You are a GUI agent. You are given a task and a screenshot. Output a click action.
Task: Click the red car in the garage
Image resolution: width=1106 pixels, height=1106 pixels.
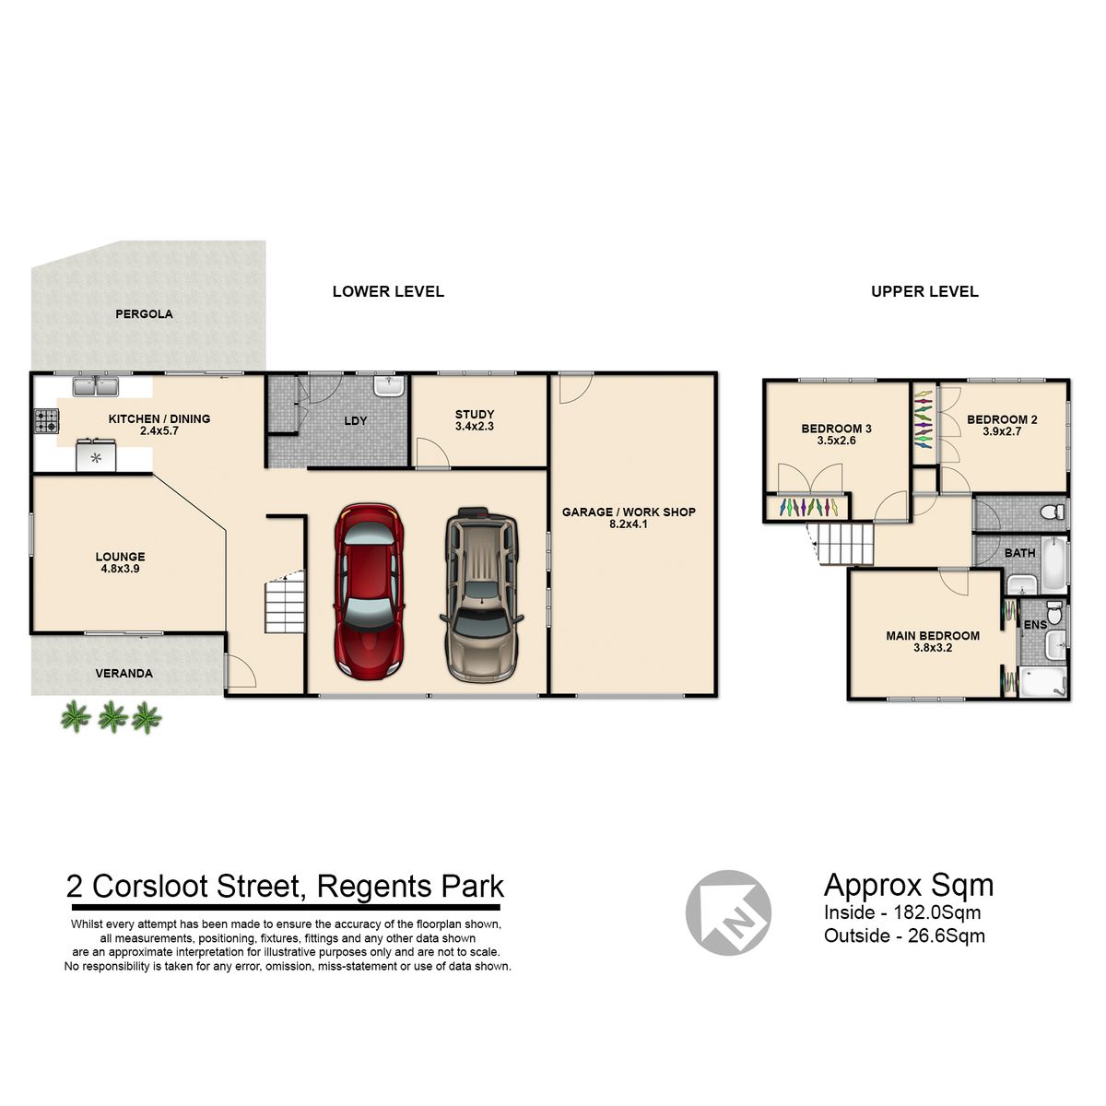coord(369,592)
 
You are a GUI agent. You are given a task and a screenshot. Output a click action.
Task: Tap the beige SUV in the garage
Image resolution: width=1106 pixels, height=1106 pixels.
coord(481,594)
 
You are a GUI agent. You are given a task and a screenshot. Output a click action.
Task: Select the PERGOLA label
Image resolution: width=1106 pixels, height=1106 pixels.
coord(144,314)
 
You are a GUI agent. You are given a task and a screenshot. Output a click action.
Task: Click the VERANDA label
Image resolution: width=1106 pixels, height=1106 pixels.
coord(124,673)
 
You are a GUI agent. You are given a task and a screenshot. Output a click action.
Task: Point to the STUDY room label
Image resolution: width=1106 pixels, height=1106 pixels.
coord(475,414)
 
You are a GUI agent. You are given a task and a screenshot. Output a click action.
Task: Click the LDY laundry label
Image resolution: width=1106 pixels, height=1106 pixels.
coord(355,420)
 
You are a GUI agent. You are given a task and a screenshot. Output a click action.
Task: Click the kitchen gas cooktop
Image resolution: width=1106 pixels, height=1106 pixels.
coord(46,420)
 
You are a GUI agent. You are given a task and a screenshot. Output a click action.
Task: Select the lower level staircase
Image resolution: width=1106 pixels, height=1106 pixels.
coord(285,602)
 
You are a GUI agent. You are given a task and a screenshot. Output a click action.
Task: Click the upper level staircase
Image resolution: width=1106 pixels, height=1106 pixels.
coord(841,544)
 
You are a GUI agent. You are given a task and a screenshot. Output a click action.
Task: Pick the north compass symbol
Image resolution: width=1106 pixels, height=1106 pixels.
coord(728,912)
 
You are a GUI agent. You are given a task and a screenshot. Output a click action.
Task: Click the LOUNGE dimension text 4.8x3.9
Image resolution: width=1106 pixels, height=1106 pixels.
coord(121,569)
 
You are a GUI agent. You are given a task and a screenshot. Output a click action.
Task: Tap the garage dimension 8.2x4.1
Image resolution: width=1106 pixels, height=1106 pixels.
coord(629,524)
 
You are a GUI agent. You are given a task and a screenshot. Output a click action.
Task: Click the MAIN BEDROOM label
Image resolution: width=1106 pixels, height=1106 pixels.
coord(933,635)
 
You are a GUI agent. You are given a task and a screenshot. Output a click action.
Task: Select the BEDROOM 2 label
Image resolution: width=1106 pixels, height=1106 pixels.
coord(1002,419)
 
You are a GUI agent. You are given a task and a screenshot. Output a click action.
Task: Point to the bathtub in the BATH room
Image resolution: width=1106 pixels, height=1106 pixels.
coord(1054,564)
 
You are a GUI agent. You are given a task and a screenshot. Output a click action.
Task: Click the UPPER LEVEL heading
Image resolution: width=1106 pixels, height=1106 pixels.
coord(924,291)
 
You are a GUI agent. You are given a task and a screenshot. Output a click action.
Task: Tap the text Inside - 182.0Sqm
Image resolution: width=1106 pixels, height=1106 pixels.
coord(902,912)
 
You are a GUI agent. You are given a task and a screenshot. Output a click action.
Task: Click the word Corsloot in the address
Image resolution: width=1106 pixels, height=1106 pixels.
coord(150,886)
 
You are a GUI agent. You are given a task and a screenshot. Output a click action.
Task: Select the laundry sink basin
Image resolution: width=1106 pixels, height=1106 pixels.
coord(389,385)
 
